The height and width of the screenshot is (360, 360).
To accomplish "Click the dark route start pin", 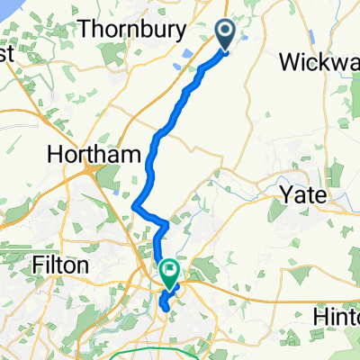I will [x=225, y=34].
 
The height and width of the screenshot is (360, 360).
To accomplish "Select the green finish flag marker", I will [x=170, y=270].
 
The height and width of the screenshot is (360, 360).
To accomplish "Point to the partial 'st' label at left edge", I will [x=6, y=55].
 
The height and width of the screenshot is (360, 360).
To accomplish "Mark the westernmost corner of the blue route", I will [x=134, y=208].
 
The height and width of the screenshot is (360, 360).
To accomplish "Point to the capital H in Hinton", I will [x=319, y=317].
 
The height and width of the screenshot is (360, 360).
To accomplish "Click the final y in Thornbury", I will [x=190, y=31].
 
